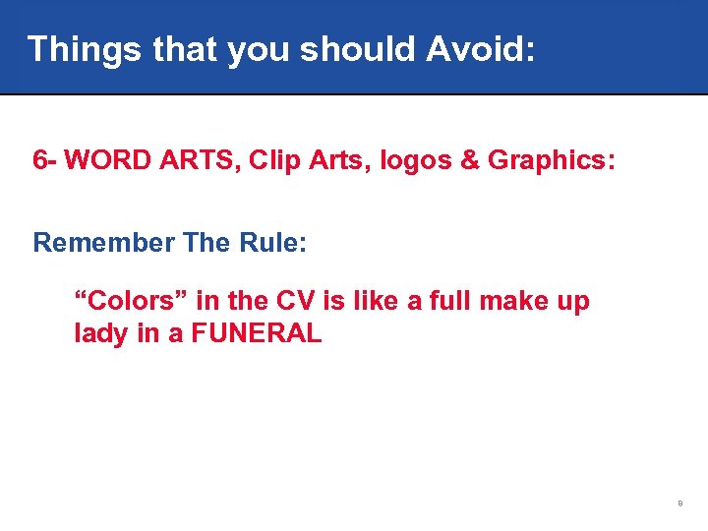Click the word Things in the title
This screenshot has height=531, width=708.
point(84,48)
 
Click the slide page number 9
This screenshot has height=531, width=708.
point(679,503)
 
